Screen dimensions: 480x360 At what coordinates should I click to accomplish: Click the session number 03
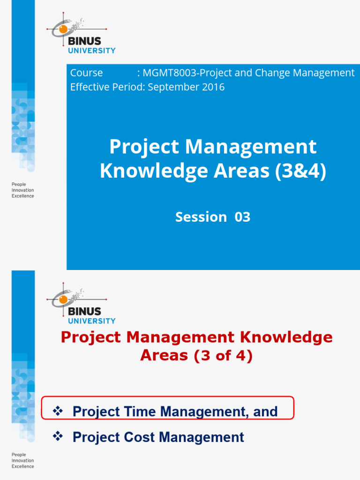[x=242, y=217]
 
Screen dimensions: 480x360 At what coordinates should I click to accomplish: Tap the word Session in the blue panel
[x=201, y=217]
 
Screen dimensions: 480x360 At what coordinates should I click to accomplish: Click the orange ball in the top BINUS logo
[x=63, y=30]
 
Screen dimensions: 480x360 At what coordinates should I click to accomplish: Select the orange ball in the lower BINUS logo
[x=63, y=300]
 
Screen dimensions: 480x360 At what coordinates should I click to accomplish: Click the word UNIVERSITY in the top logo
[x=91, y=51]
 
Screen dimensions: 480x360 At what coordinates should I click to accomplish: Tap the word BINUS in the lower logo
[x=84, y=311]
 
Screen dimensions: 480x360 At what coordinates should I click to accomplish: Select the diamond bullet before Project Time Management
[x=58, y=411]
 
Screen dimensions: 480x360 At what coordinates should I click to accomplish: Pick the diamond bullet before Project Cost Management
[x=58, y=437]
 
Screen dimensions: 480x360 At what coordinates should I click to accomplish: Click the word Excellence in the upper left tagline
[x=22, y=196]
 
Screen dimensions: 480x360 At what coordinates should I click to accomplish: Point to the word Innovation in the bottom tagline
[x=22, y=460]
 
